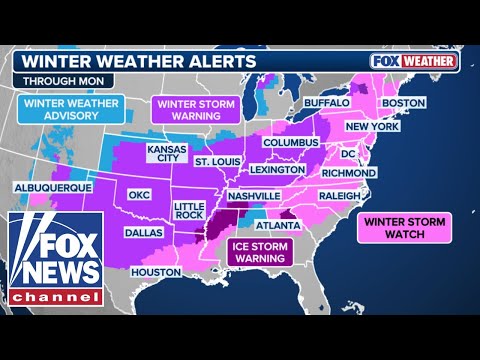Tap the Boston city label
(404, 103)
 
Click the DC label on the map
(349, 155)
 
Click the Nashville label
(254, 197)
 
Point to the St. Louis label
(217, 161)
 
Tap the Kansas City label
(166, 153)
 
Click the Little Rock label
(190, 212)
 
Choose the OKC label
(137, 196)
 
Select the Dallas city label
(143, 232)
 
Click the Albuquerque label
(53, 187)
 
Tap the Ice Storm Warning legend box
(256, 251)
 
